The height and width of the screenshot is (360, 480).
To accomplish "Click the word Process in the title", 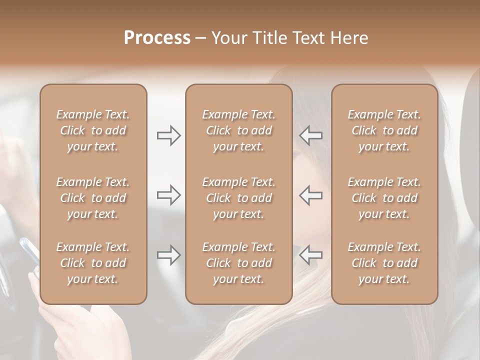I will tap(157, 37).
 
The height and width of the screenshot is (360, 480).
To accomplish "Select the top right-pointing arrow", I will tap(168, 135).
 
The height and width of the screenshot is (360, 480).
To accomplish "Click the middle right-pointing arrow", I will tap(168, 195).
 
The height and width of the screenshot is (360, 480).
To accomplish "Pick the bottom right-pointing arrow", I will tap(168, 255).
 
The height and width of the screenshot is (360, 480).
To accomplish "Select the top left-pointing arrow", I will tap(311, 135).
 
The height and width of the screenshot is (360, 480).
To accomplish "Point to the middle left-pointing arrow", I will tap(311, 195).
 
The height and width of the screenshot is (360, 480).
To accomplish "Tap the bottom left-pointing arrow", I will tap(311, 255).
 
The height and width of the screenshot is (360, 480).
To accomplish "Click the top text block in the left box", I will tap(93, 130).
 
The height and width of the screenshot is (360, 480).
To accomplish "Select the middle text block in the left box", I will tap(93, 198).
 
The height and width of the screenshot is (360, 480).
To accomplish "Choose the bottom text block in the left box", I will tap(93, 263).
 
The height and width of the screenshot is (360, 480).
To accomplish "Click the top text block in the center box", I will tap(238, 130).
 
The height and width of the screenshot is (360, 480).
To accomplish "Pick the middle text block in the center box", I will tap(238, 198).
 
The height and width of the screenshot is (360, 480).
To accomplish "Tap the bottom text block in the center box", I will tap(238, 263).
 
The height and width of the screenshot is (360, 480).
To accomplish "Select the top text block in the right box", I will tap(384, 130).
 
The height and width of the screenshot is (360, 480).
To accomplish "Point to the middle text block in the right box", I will tap(384, 198).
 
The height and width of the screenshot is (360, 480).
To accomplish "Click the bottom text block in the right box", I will tap(384, 263).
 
